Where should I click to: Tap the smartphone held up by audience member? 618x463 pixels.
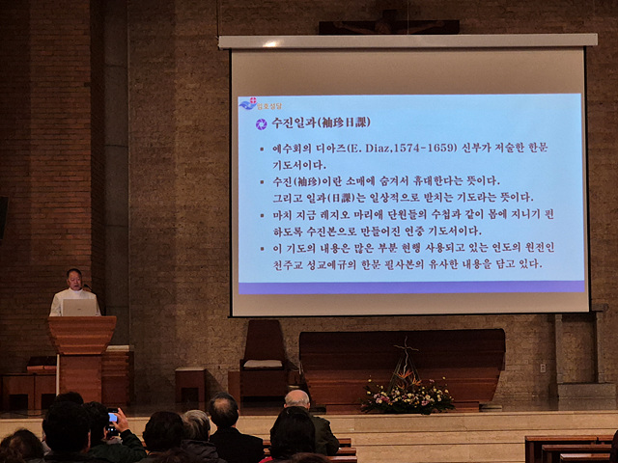(x=113, y=417)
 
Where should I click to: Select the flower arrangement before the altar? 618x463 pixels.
(x=407, y=395)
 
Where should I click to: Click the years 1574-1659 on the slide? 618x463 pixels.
(x=421, y=149)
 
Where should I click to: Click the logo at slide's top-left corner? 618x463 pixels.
(x=255, y=103)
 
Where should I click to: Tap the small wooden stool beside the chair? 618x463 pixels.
(x=189, y=381)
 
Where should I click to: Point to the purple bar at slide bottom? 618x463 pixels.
(x=410, y=286)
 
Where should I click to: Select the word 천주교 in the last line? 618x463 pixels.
(x=281, y=263)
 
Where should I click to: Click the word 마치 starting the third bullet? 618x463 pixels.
(x=281, y=214)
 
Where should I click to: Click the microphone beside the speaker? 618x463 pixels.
(x=87, y=287)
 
